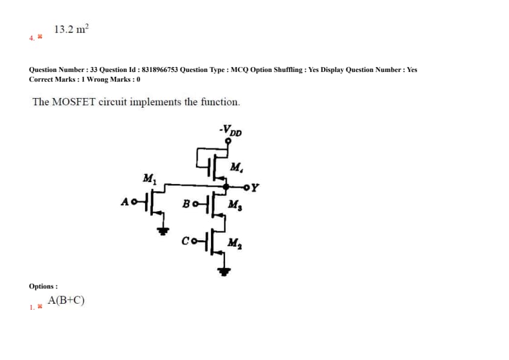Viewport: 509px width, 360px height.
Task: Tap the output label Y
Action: tap(256, 187)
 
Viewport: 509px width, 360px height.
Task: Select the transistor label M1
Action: tap(149, 179)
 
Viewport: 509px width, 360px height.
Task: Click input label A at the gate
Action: tap(125, 201)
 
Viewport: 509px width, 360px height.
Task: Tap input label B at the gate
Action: tap(187, 202)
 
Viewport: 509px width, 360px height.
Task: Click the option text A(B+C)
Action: tap(66, 300)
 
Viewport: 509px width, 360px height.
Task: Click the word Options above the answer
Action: tap(42, 286)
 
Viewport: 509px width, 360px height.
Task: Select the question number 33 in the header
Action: tap(94, 70)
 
